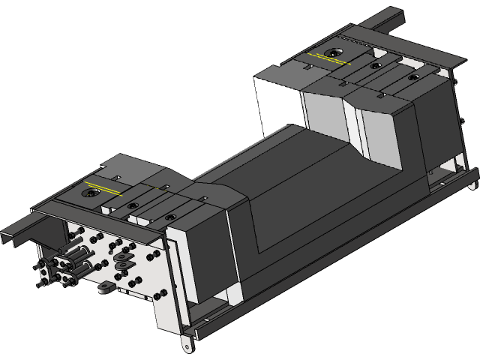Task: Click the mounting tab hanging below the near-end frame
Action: coord(185,345)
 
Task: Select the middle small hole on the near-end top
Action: coord(132,205)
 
